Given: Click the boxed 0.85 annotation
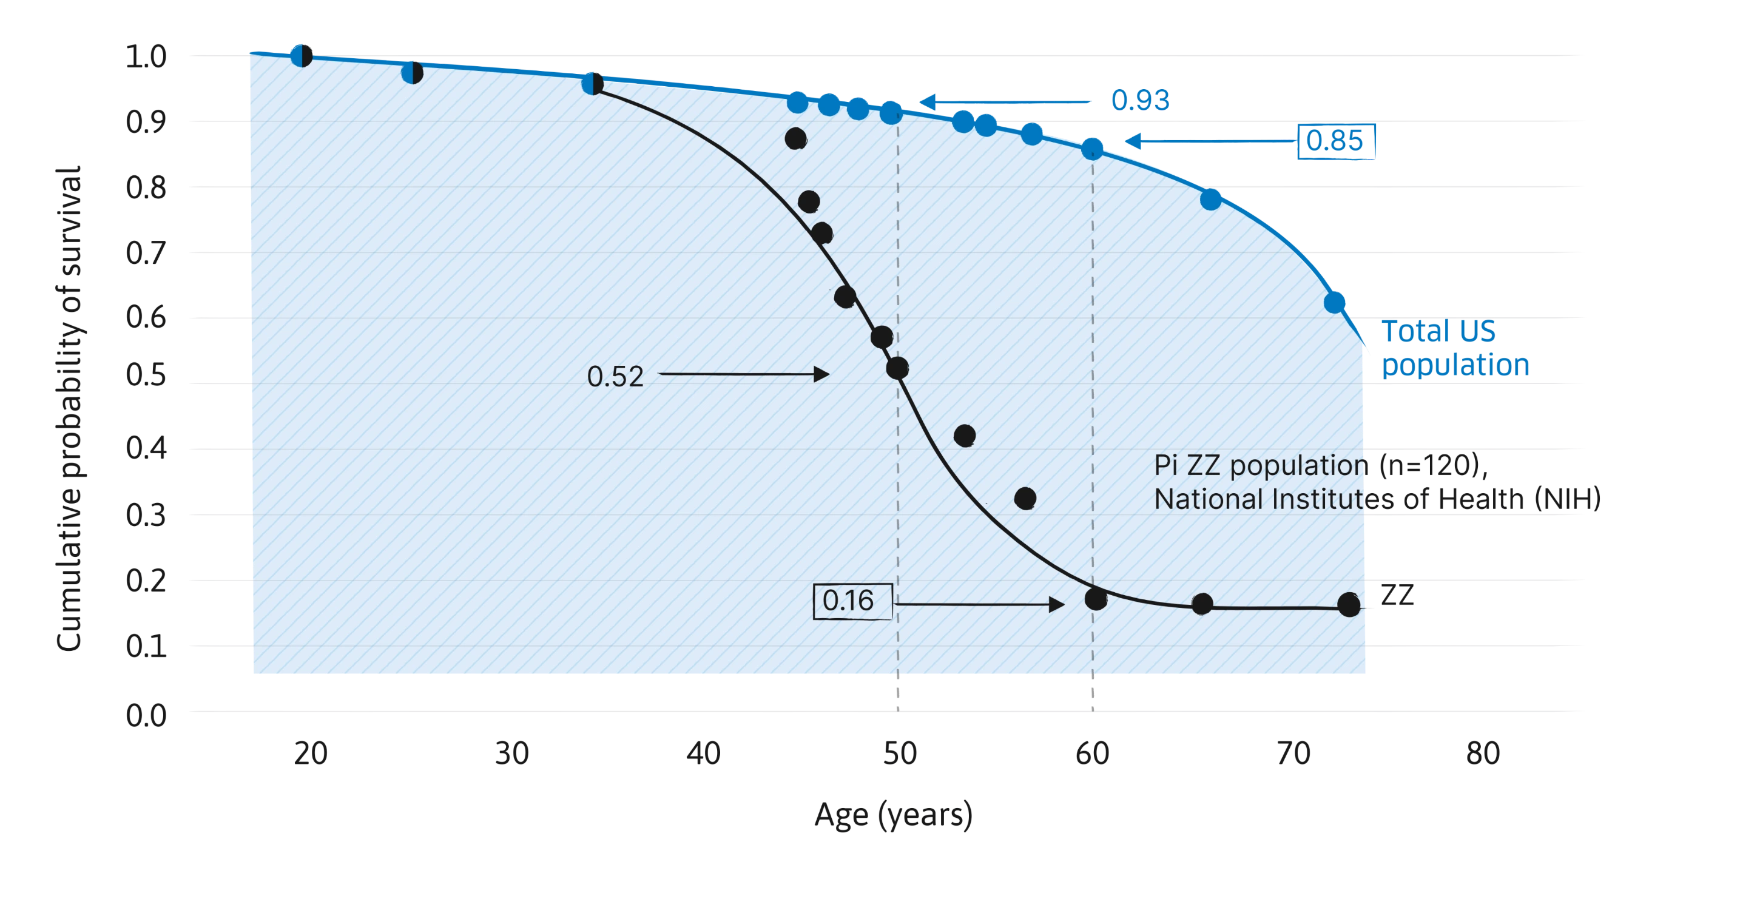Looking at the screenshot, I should [x=1335, y=142].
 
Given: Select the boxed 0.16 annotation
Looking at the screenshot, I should [x=852, y=601].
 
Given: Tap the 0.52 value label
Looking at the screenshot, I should [x=615, y=377].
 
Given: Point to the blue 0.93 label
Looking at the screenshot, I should [x=1139, y=101].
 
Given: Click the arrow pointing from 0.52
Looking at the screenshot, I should [x=743, y=374].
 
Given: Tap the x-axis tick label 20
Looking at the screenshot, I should [x=309, y=753].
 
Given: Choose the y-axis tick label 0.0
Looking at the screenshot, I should [x=146, y=715].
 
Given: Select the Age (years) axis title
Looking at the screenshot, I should [x=893, y=816].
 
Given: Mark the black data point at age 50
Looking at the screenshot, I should [x=897, y=368].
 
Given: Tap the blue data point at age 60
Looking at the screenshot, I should [x=1092, y=148].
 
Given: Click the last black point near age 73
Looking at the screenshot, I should [x=1348, y=605].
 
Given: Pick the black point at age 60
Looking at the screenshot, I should [x=1095, y=599].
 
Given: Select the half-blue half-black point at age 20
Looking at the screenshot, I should [x=302, y=55].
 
